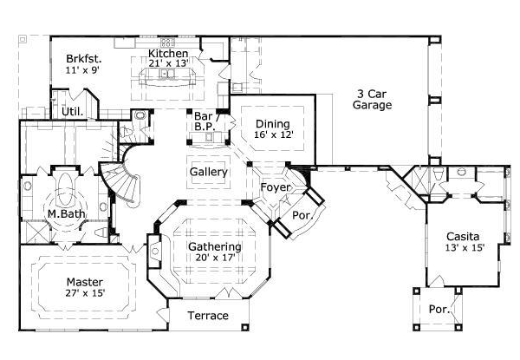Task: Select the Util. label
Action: coord(72,112)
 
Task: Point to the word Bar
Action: coord(204,115)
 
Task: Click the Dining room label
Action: coord(272,124)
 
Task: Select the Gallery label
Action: coord(209,172)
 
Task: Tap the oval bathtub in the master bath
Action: coord(66,187)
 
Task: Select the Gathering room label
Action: coord(215,246)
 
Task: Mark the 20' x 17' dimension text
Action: coord(215,258)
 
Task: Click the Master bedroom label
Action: coord(85,283)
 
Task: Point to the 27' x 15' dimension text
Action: coord(85,294)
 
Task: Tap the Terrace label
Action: coord(208,315)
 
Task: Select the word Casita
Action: coord(465,236)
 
